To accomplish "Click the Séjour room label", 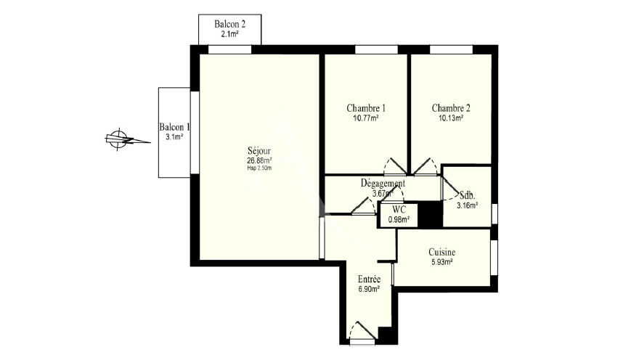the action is tap(259, 151).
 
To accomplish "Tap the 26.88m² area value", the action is tap(259, 160).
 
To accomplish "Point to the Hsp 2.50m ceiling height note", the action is tap(259, 168).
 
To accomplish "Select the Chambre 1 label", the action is tap(366, 108).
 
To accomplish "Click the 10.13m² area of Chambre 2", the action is tap(451, 118).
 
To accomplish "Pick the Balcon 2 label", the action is tap(229, 24).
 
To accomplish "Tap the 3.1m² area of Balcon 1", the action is tap(174, 137).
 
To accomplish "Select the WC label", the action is tap(399, 210).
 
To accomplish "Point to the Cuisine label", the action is tap(441, 253).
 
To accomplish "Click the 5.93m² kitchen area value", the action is tap(441, 262).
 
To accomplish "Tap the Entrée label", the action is tap(369, 279).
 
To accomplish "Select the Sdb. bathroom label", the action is tap(468, 195).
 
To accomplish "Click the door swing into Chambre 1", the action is tap(395, 166).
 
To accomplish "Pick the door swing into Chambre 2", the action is tap(425, 166).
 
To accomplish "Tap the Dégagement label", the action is tap(383, 183).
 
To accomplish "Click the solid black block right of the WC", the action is tap(431, 215).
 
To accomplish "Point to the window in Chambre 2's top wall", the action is tap(451, 49).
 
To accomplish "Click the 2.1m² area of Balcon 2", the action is tap(229, 34).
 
